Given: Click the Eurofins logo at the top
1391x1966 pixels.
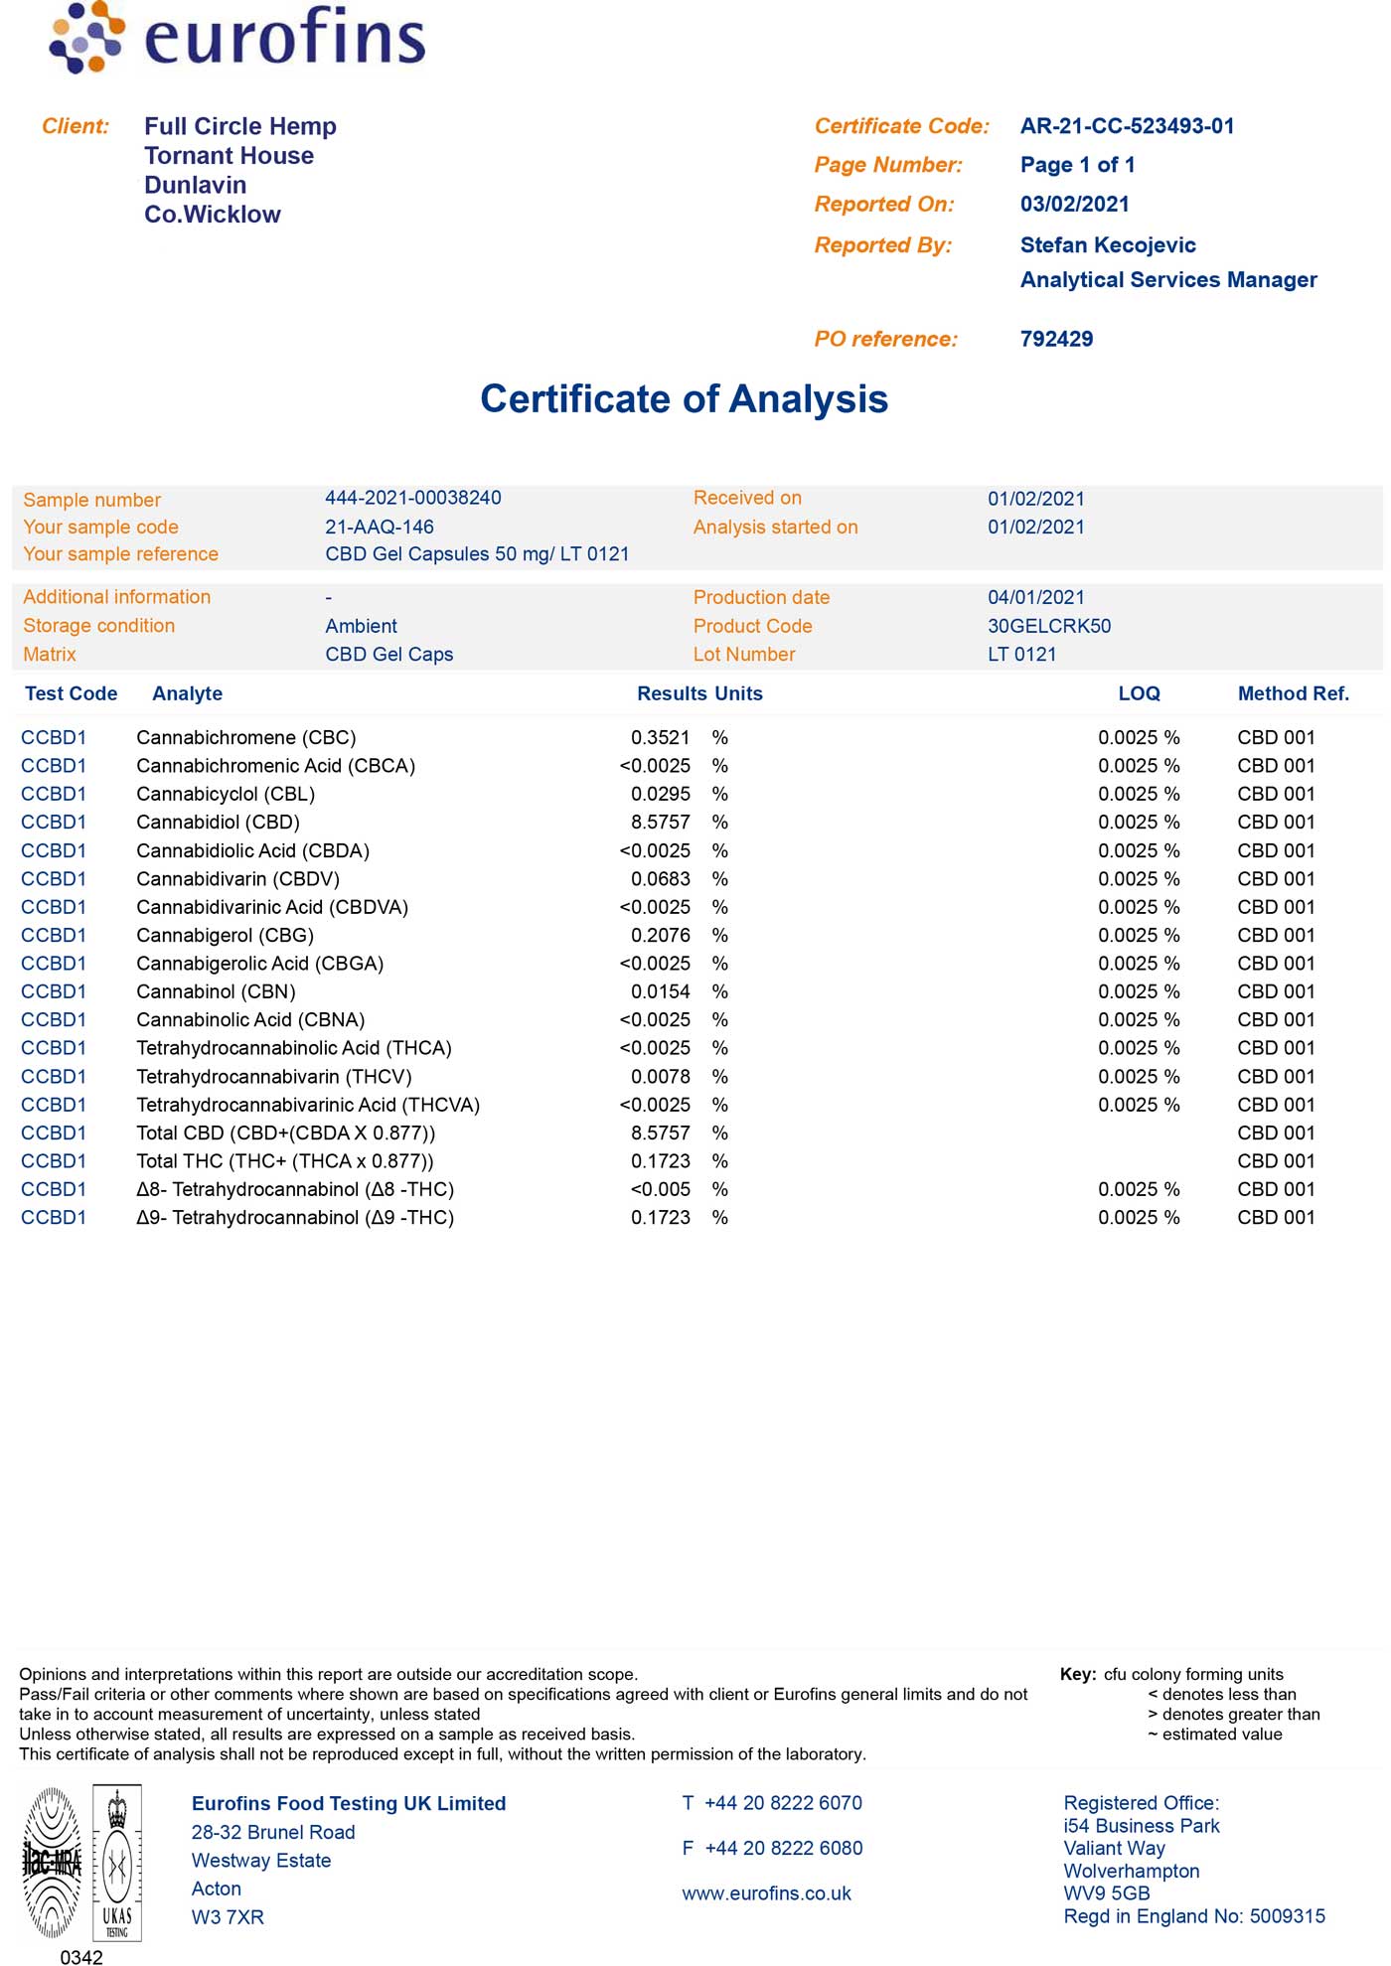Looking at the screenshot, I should tap(237, 38).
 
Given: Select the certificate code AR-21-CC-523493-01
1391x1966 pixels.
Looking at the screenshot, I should tap(1127, 126).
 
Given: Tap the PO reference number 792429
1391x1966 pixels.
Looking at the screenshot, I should tap(1056, 339).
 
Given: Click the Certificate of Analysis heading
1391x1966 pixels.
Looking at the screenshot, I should tap(684, 399).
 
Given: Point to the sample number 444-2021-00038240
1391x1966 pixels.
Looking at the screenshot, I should tap(412, 498).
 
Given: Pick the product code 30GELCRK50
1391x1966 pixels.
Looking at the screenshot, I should tap(1049, 626).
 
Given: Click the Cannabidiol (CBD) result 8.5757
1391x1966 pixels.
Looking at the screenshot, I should tap(660, 823).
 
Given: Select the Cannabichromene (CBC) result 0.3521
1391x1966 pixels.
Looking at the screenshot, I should tap(660, 738).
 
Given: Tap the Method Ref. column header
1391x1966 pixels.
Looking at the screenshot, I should tap(1293, 693).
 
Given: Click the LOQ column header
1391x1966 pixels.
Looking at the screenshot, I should tap(1139, 693).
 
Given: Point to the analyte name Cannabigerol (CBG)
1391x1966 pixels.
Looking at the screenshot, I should tap(225, 936).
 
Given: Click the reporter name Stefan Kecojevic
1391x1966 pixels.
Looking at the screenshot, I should tap(1108, 245).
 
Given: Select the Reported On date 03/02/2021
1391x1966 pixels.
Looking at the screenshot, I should tap(1074, 205).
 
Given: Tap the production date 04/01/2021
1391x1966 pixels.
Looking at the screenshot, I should tap(1035, 597).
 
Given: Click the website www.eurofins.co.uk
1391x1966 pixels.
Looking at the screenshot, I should tap(766, 1893).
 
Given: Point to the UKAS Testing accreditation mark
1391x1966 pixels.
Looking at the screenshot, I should tap(117, 1863).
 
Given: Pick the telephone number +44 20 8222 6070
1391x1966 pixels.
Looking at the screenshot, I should tap(783, 1803).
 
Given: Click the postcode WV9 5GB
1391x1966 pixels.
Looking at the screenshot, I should tap(1106, 1893).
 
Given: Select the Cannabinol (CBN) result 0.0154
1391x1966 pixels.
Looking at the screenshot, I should tap(660, 991).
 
